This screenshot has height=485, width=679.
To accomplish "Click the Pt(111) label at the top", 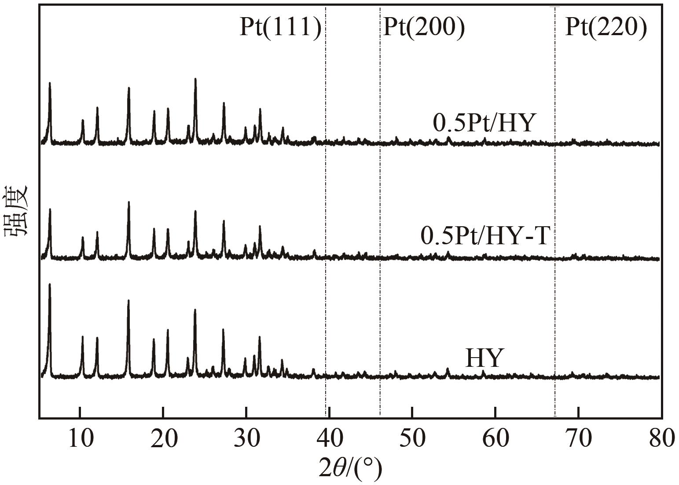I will pyautogui.click(x=280, y=28).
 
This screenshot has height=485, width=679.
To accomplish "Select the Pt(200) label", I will pyautogui.click(x=424, y=28).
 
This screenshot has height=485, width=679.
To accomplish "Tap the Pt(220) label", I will pyautogui.click(x=606, y=28).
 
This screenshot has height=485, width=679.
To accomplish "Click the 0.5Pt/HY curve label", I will pyautogui.click(x=484, y=123).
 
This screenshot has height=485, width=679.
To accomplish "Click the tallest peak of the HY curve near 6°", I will pyautogui.click(x=50, y=284).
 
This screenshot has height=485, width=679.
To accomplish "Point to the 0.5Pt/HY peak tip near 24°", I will pyautogui.click(x=195, y=79).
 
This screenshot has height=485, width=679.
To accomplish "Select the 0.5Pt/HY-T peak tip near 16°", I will pyautogui.click(x=128, y=202).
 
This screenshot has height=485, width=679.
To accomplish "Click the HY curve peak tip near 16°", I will pyautogui.click(x=128, y=300).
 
